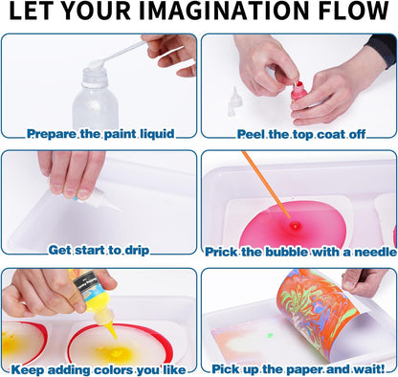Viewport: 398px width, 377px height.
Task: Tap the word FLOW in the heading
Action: click(x=354, y=11)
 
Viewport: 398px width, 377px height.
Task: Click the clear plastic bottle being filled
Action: click(x=95, y=98)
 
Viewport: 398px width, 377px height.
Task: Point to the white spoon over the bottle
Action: click(x=119, y=54)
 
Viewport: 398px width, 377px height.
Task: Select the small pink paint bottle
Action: click(x=298, y=92)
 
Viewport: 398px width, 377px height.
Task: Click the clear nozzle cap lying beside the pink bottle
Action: click(x=234, y=101)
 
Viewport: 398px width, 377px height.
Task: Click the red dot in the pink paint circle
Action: click(x=295, y=226)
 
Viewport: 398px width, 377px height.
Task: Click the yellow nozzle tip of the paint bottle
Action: click(x=111, y=332)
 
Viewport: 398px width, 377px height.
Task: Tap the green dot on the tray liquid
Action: click(x=270, y=336)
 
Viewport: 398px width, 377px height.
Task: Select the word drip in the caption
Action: click(x=137, y=251)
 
